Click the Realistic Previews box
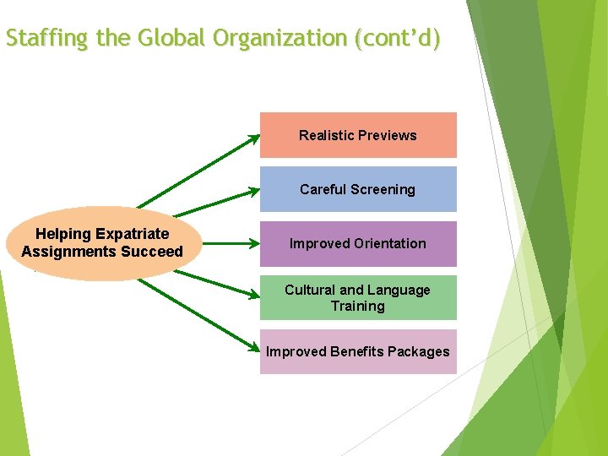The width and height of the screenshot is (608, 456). coord(358,135)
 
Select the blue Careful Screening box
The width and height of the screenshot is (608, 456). coord(358,189)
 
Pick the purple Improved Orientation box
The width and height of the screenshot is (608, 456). coord(358,244)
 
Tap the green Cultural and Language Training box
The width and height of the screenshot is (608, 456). coord(358,298)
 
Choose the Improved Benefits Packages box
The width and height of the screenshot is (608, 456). coord(358,352)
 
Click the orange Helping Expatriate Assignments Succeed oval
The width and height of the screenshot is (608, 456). coord(102,243)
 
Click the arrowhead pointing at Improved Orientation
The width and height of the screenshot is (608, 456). coord(255,243)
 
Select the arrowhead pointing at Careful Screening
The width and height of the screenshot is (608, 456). coord(255,192)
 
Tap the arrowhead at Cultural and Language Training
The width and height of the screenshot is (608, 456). coord(255,296)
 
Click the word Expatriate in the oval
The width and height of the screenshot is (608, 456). coord(133,234)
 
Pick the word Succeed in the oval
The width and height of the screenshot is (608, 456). coord(154,252)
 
